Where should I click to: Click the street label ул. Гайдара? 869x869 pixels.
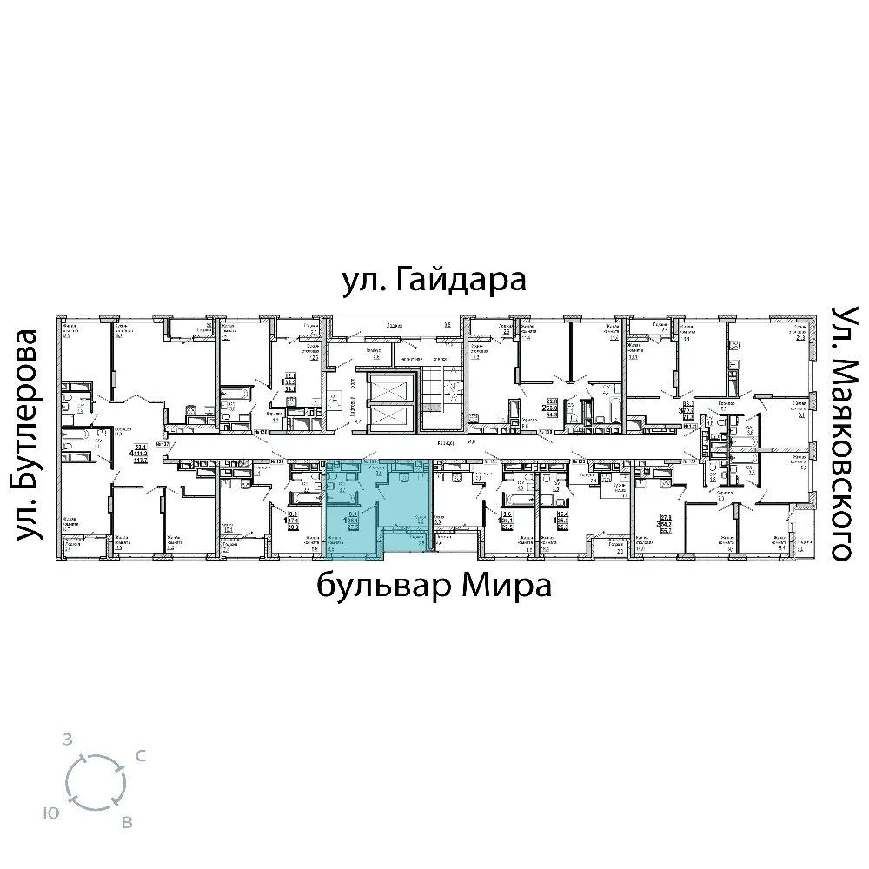[434, 282]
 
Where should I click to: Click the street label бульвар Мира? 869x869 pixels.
[434, 587]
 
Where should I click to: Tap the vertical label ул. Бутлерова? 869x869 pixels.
[30, 434]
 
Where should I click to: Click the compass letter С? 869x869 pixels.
[140, 757]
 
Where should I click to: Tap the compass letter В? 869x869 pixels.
[127, 822]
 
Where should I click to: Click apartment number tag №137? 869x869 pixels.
[161, 441]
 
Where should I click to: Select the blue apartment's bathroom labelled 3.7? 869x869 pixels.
[342, 489]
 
